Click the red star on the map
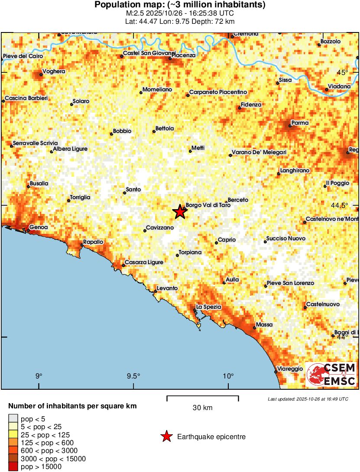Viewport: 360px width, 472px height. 179,212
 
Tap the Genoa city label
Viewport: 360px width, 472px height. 38,227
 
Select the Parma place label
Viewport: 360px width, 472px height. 300,123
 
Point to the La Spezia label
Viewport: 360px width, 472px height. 209,307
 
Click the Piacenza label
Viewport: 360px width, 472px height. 183,55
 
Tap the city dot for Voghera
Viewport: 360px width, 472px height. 41,74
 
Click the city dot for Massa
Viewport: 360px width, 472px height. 254,328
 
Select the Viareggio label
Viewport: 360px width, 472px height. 290,369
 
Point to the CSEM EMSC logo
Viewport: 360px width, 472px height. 331,374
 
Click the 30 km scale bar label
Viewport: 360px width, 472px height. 202,408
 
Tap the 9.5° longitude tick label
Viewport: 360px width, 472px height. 133,375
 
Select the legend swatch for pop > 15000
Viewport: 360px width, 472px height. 13,466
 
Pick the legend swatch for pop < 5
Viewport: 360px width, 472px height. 13,419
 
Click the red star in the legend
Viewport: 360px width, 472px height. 166,437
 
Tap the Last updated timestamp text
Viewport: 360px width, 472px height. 308,399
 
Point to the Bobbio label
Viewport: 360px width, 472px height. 122,131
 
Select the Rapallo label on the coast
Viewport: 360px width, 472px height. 93,242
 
